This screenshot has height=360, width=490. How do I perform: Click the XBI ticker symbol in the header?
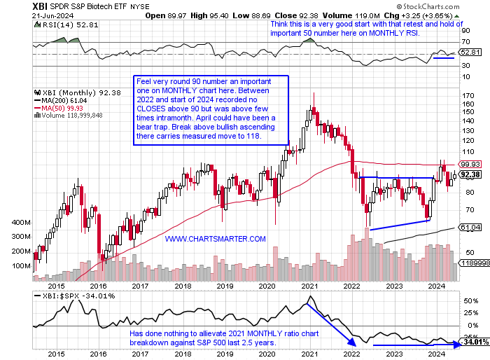[15, 6]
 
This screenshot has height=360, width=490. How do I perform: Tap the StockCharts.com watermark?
[454, 6]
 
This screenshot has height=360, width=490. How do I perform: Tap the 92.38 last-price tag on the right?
[470, 174]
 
